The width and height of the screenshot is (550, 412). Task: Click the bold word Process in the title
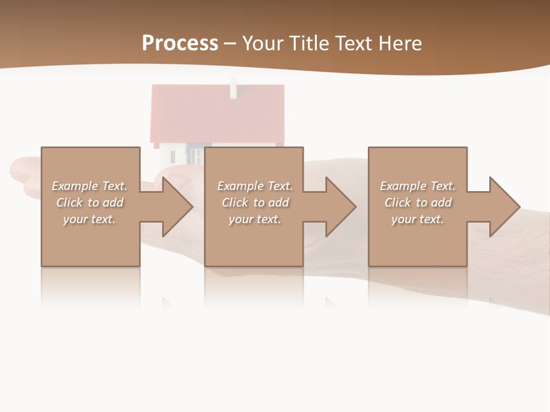pos(180,43)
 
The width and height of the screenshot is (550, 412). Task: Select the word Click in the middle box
pos(234,203)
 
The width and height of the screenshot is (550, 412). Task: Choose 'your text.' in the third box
pos(417,219)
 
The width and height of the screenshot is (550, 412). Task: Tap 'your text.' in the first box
pos(89,219)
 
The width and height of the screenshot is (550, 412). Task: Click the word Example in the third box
pos(403,186)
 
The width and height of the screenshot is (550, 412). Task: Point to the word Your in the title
pos(263,43)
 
